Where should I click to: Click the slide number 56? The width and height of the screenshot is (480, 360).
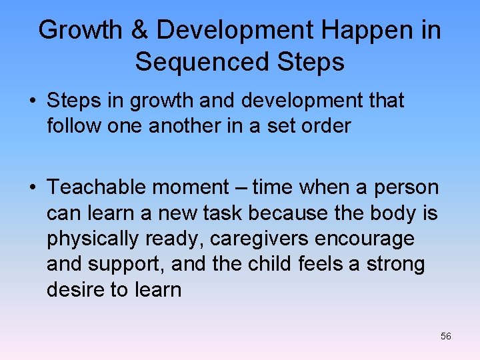click(446, 336)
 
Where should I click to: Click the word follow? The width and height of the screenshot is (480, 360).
click(73, 125)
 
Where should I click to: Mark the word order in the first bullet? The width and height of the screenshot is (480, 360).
click(324, 125)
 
